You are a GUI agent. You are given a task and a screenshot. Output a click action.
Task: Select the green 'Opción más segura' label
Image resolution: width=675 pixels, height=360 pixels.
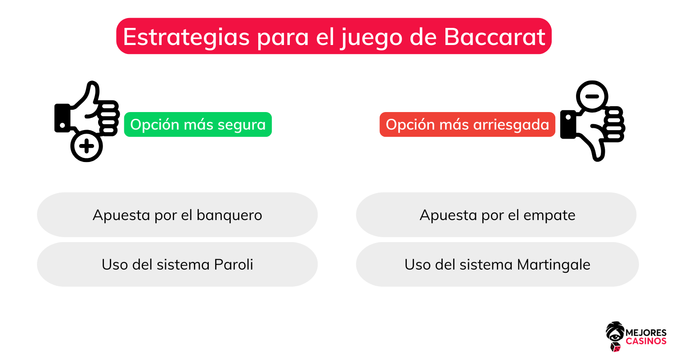[198, 125]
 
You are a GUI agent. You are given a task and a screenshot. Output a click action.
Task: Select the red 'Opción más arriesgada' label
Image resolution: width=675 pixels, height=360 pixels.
[467, 125]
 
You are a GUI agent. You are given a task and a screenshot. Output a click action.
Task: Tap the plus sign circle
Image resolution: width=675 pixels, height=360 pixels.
[87, 147]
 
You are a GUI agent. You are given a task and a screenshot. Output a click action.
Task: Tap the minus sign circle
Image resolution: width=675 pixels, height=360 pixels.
[592, 96]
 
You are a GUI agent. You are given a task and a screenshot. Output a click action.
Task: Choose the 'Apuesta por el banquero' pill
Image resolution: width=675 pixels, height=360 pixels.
[177, 215]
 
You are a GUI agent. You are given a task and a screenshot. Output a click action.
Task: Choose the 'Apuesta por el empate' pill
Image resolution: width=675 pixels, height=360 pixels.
[496, 215]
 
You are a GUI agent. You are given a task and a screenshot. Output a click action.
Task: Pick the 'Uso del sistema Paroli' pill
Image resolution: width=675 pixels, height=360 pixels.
[177, 264]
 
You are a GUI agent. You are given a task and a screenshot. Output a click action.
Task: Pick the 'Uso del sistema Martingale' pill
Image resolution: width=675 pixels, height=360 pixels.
[497, 264]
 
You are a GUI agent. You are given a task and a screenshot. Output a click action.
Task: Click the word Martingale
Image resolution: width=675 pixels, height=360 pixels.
[553, 265]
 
